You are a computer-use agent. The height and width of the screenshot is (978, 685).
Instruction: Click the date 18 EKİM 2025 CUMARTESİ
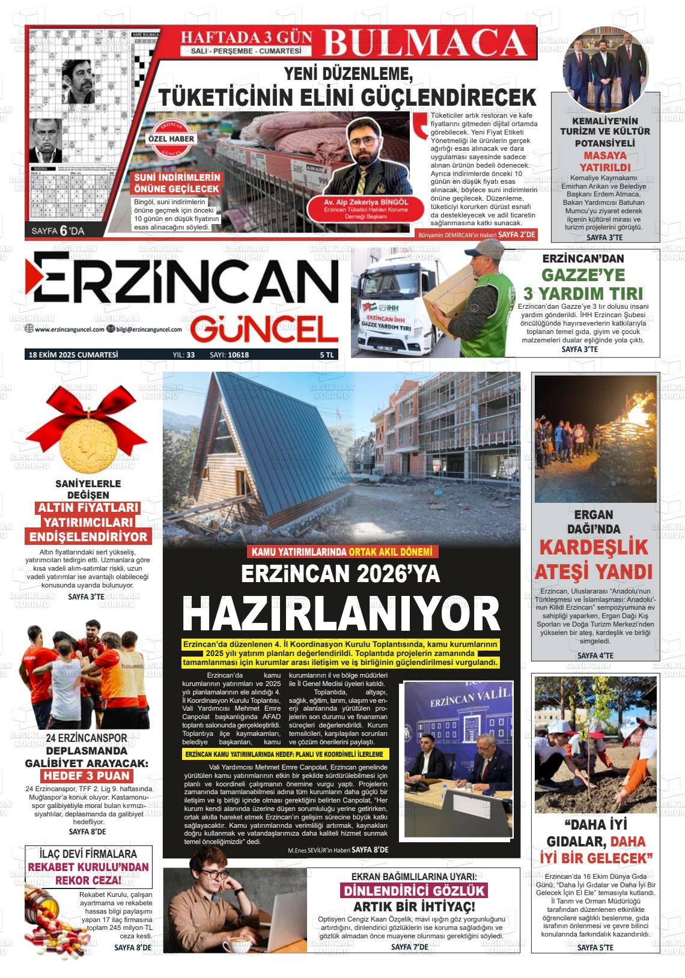(73, 355)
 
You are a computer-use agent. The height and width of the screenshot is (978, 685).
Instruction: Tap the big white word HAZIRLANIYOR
(341, 613)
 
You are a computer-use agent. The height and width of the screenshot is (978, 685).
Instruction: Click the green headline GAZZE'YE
(583, 276)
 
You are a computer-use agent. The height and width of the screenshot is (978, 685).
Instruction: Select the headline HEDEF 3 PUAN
(88, 776)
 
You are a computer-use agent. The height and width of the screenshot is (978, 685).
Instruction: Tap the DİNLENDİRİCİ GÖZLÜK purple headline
(413, 891)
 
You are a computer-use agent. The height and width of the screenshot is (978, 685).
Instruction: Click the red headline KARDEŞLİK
(593, 547)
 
